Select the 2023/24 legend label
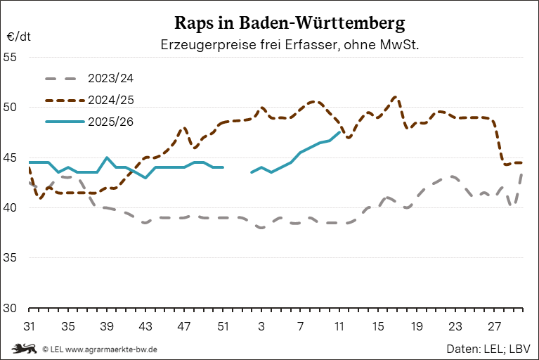(x=111, y=77)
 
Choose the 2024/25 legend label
(x=111, y=99)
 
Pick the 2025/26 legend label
(x=111, y=122)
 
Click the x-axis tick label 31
(x=29, y=327)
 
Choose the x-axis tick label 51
(x=223, y=327)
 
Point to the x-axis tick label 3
(x=261, y=327)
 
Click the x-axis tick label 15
(x=378, y=327)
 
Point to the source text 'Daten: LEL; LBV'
(x=488, y=349)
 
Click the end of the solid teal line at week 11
(x=339, y=132)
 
